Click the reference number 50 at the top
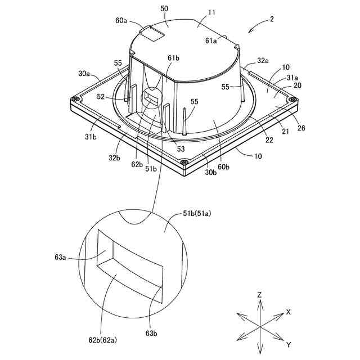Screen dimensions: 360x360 click(165, 9)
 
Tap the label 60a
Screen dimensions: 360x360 click(121, 20)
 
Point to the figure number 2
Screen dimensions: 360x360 click(272, 19)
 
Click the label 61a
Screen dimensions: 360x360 click(211, 40)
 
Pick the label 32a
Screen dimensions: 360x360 click(262, 60)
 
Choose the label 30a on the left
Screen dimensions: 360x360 click(84, 73)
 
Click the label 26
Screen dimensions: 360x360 click(301, 128)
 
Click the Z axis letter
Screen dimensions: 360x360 click(259, 294)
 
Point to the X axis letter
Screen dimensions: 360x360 click(289, 311)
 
